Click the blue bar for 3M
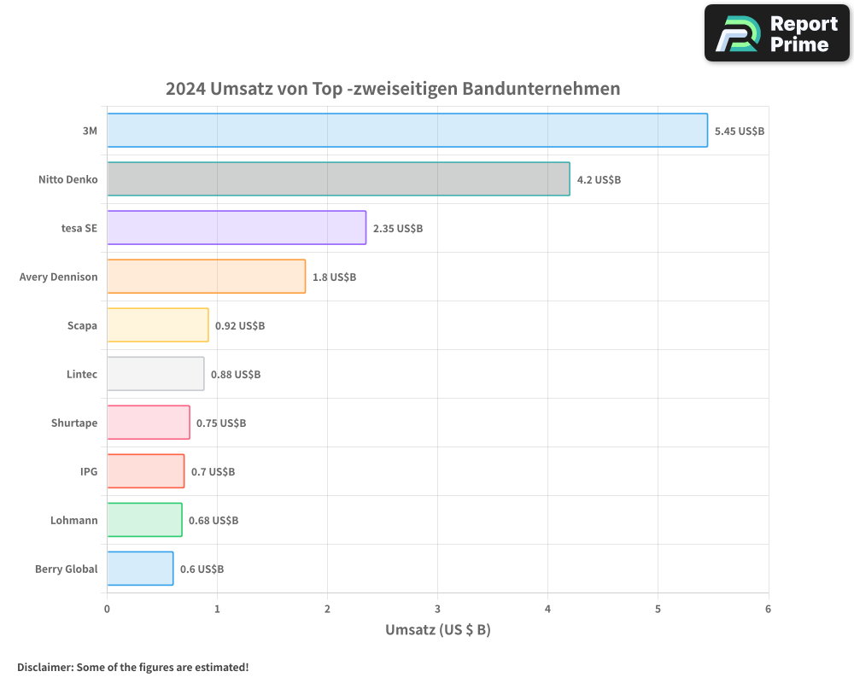pos(407,131)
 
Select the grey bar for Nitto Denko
pos(338,179)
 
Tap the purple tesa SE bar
pos(237,228)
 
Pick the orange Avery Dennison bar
pos(206,277)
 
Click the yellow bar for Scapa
pos(157,325)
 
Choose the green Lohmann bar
pos(144,520)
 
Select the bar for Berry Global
pos(140,569)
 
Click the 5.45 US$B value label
pos(739,131)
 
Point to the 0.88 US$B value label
pos(236,375)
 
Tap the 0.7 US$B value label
pos(213,472)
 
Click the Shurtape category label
pos(74,423)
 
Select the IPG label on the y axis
pos(89,472)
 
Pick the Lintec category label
pos(82,375)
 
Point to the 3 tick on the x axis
pos(437,610)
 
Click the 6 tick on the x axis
pos(768,610)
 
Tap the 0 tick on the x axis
pos(107,610)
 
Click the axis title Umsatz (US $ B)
pos(437,631)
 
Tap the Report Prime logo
pos(776,33)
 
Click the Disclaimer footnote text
pos(132,668)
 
